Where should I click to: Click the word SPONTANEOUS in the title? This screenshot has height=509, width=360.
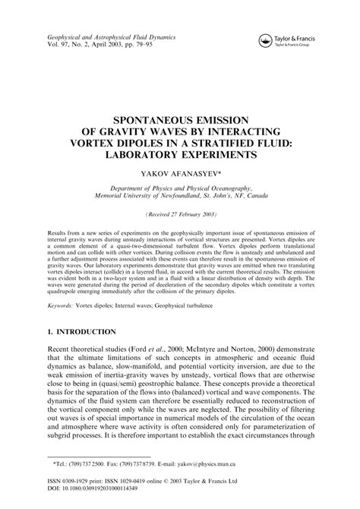point(151,118)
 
